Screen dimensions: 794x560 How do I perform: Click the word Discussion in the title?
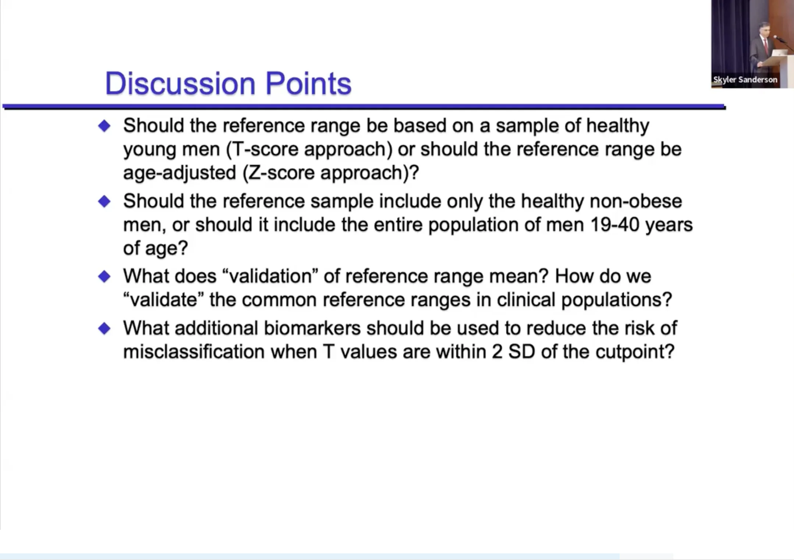click(180, 84)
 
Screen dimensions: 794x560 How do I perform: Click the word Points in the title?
click(308, 84)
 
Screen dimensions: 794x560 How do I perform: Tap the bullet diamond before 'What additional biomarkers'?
click(104, 328)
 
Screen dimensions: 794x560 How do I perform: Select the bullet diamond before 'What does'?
click(104, 276)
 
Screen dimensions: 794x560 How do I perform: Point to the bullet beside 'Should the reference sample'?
click(104, 201)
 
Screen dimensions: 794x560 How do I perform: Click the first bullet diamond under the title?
click(104, 126)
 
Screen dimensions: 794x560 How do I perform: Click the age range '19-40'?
click(615, 225)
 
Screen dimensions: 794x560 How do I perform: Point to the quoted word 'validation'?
click(270, 276)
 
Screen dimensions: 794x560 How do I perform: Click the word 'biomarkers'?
click(312, 328)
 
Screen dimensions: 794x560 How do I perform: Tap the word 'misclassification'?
click(194, 352)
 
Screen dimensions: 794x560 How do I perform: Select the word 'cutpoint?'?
click(635, 352)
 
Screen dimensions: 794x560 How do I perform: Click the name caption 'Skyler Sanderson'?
click(745, 79)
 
